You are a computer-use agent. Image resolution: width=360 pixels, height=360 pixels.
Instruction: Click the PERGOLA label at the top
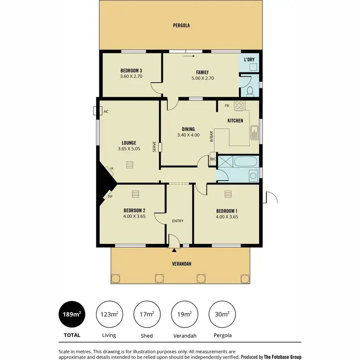click(182, 25)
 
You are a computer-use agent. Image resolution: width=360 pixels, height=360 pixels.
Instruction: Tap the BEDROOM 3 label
click(131, 71)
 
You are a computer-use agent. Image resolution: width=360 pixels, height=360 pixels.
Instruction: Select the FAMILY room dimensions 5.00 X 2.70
click(202, 79)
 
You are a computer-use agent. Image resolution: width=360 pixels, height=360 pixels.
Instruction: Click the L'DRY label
click(249, 60)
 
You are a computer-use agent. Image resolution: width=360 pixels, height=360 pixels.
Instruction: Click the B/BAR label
click(211, 137)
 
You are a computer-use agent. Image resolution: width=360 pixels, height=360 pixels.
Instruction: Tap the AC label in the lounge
click(106, 111)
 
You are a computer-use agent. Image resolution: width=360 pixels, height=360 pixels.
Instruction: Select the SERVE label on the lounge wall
click(154, 146)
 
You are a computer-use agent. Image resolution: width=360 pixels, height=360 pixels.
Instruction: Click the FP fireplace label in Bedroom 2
click(110, 197)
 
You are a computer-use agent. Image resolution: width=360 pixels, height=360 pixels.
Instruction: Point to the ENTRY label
click(178, 221)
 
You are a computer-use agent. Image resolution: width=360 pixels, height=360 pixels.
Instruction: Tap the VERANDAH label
click(182, 264)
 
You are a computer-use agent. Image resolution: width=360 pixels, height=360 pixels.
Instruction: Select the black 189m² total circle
click(72, 314)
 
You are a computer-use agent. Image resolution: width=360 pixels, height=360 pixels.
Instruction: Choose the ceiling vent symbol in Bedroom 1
click(228, 193)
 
